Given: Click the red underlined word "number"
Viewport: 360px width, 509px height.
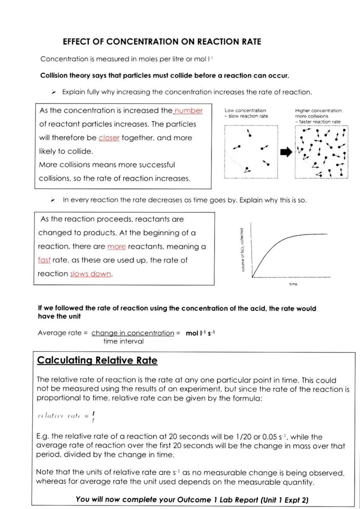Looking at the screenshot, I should (x=188, y=111).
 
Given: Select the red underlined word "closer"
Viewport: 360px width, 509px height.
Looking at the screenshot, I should (x=109, y=138).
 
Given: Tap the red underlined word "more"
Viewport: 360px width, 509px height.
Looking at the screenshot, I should (x=116, y=247).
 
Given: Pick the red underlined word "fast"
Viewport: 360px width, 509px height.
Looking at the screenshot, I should (x=44, y=260).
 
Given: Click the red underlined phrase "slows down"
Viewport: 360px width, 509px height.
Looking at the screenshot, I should (x=91, y=274).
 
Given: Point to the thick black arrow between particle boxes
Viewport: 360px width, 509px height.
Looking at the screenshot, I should (x=286, y=152).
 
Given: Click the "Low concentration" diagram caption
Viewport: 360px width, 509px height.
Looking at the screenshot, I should (x=245, y=110).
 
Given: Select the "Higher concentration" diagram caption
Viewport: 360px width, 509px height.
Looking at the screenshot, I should (x=318, y=110).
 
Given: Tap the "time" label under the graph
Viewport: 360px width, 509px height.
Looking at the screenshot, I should (x=293, y=284).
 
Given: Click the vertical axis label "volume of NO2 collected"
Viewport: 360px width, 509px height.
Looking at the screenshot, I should (x=242, y=250).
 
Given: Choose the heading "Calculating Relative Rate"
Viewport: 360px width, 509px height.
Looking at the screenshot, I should (x=97, y=360).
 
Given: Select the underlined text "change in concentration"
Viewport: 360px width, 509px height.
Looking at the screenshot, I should (x=133, y=333).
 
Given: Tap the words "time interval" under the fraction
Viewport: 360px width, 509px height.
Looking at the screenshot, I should (x=123, y=341).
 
